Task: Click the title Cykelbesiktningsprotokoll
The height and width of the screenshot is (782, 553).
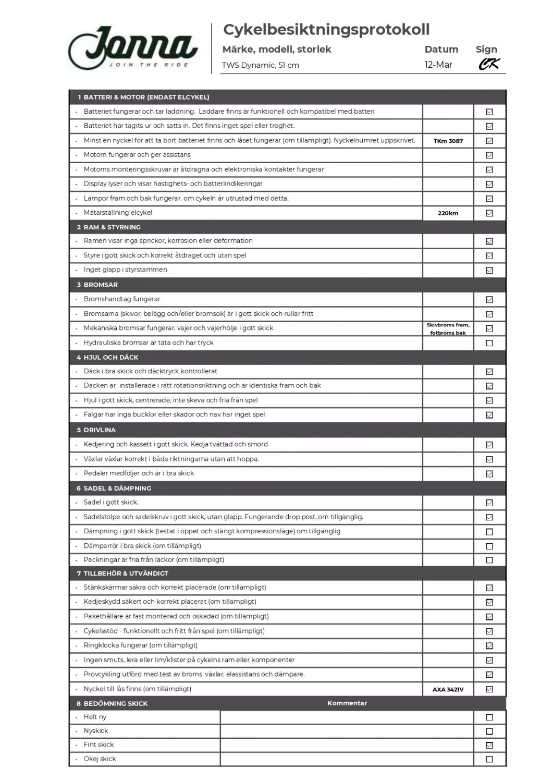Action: [326, 30]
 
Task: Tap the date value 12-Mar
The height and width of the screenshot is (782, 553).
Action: [438, 65]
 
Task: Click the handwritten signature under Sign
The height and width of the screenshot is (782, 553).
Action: [489, 64]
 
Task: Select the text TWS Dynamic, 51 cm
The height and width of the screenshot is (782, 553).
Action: [261, 65]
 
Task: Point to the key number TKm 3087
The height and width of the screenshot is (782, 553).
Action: [448, 141]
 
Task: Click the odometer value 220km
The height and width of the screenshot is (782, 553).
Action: [448, 213]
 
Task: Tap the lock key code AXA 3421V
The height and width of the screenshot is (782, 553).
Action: [448, 690]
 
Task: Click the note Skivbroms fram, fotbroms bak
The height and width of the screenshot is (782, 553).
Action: [448, 329]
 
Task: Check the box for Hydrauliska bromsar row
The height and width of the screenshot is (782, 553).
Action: [489, 343]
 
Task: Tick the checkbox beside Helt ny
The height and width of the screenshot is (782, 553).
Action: [489, 717]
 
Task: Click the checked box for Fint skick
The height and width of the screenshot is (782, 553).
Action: [489, 746]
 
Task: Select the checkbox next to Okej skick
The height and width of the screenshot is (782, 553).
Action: [489, 759]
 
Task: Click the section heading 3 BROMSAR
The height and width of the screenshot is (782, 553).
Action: [97, 285]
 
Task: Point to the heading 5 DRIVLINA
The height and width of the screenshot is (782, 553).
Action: [96, 430]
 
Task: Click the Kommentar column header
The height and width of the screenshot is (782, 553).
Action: [347, 703]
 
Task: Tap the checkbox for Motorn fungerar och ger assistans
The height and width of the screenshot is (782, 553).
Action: [489, 155]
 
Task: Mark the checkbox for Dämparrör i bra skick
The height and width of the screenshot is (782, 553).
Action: [489, 546]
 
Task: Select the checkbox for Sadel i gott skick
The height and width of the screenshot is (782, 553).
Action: [489, 503]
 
